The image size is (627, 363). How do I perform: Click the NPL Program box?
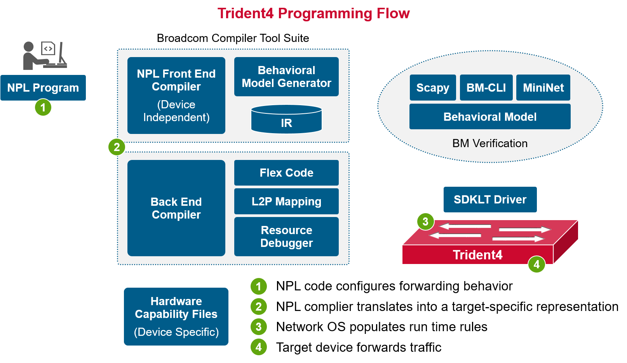coord(43,88)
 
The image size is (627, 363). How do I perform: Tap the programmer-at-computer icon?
coord(45,56)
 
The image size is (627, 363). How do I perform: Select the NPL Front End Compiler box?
coord(176,95)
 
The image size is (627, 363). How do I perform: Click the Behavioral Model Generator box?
coord(286,76)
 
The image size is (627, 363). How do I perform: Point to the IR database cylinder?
coord(286,120)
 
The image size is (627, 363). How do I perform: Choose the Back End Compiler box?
coord(176,208)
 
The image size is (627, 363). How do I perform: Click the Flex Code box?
coord(286,173)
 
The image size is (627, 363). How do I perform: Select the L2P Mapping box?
coord(286,201)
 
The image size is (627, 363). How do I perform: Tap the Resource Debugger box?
coord(286,236)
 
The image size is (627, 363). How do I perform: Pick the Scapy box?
coord(432,88)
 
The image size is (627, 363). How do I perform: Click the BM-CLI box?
coord(486,88)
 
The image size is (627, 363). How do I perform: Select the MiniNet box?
coord(543,88)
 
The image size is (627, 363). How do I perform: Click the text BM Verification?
coord(489,143)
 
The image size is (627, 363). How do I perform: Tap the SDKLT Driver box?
coord(490,200)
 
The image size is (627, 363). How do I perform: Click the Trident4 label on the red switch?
coord(477,255)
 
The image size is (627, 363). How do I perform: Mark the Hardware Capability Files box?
coord(176,316)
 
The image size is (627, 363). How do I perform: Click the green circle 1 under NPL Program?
coord(43,108)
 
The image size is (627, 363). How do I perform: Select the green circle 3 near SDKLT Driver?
coord(425,222)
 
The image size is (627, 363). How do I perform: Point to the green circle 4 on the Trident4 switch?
coord(536,264)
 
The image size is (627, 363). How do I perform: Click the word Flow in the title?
coord(393,14)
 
